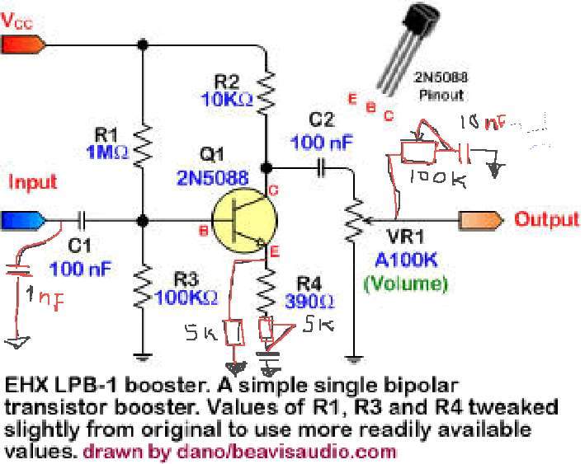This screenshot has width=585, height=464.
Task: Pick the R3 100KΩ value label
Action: (x=188, y=296)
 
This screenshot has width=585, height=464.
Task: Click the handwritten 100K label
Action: (x=430, y=178)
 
